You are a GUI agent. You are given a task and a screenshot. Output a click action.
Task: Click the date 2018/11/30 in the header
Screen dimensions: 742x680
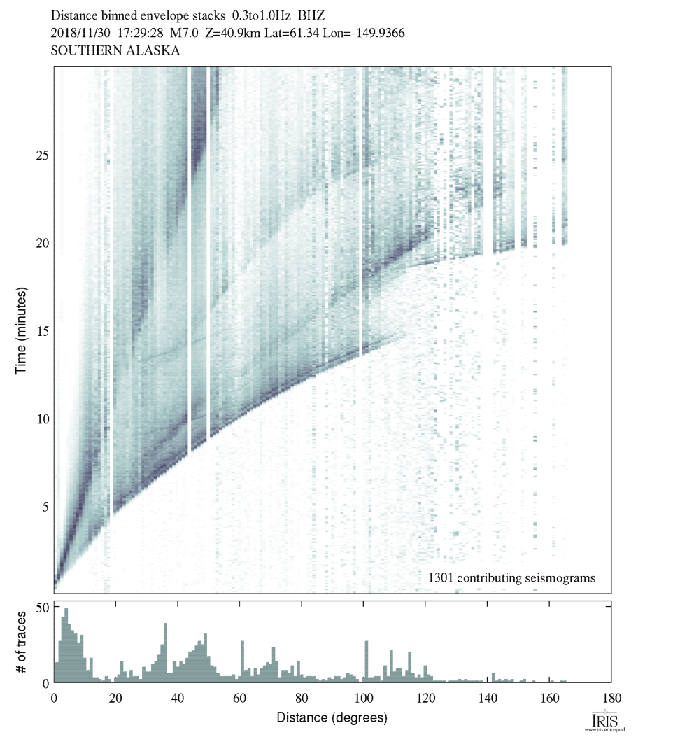pyautogui.click(x=78, y=33)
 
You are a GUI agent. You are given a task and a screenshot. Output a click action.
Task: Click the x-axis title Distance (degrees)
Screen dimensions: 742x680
pyautogui.click(x=332, y=718)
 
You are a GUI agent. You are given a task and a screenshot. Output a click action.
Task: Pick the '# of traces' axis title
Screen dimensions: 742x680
pyautogui.click(x=22, y=642)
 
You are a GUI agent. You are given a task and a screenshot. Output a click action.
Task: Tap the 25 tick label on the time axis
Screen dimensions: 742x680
pyautogui.click(x=42, y=155)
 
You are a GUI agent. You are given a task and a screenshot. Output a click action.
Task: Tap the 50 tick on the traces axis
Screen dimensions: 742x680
pyautogui.click(x=42, y=607)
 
